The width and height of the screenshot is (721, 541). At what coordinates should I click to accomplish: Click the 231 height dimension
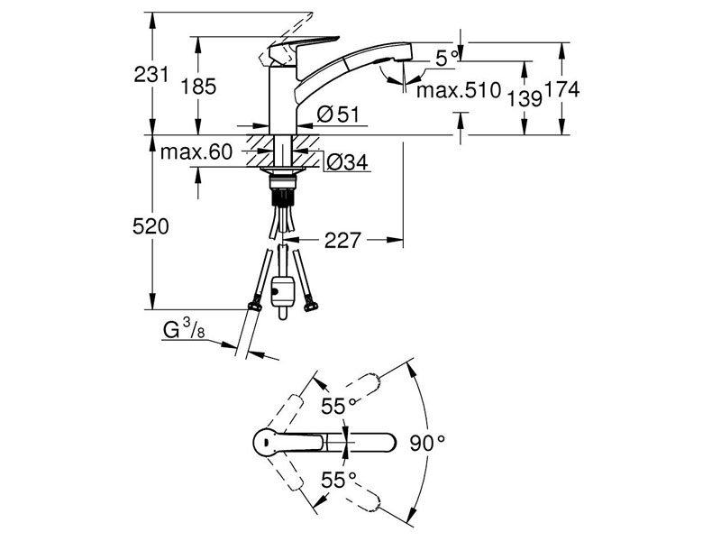pos(151,74)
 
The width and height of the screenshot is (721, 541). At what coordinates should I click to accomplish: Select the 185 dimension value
pos(198,86)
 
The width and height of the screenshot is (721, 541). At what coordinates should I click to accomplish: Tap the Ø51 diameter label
pos(338,115)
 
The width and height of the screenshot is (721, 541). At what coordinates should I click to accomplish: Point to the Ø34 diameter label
pos(347,162)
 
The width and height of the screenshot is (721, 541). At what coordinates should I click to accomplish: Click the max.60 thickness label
pos(196,151)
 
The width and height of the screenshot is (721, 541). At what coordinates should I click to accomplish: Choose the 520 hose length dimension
pos(151,226)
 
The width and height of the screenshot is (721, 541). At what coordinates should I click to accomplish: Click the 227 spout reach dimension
pos(343,240)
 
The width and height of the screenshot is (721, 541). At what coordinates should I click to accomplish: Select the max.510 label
pos(459,90)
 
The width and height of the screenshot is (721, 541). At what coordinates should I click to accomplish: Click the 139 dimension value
pos(525,98)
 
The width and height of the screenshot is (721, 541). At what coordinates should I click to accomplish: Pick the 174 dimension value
pos(561,89)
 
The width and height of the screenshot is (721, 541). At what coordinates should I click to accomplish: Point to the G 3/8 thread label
pos(184,330)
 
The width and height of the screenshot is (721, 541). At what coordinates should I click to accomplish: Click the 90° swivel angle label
pos(427,443)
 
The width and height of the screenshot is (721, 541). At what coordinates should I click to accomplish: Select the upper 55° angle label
pos(339,406)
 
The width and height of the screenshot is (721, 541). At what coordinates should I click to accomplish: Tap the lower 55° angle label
pos(339,481)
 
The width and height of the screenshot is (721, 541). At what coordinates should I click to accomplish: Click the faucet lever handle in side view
pos(304,46)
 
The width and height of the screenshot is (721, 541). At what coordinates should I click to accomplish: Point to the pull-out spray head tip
pos(404,52)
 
